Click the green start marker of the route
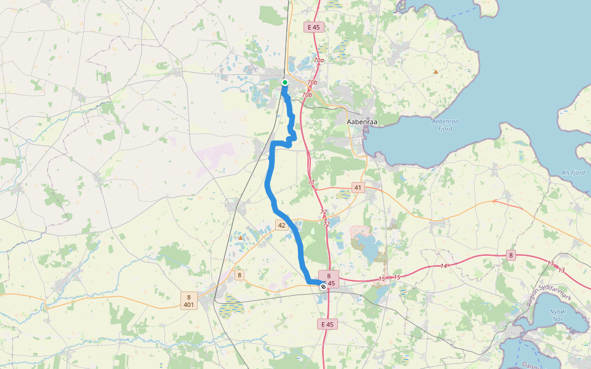click(285, 82)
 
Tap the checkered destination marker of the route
click(323, 286)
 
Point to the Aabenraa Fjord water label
click(443, 125)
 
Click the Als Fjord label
click(573, 173)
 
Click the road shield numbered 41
click(358, 187)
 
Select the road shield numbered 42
click(281, 226)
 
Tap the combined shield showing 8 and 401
click(189, 301)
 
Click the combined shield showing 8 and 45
click(329, 279)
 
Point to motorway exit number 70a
click(318, 60)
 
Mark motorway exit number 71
click(311, 183)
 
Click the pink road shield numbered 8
click(511, 255)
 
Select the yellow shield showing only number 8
click(239, 275)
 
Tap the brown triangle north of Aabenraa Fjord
click(436, 72)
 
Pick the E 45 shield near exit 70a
click(313, 27)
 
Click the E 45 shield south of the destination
click(327, 323)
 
